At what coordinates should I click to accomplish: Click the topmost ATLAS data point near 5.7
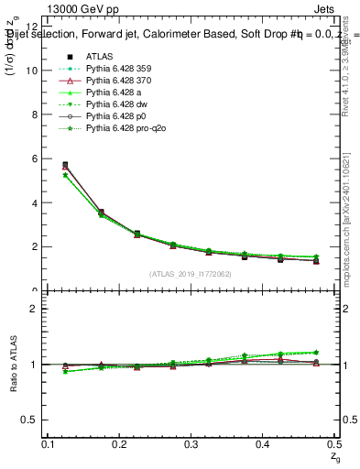[64, 165]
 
